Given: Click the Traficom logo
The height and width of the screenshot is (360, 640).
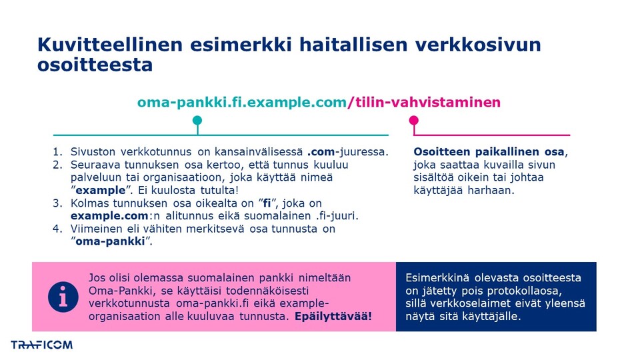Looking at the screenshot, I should (x=41, y=345).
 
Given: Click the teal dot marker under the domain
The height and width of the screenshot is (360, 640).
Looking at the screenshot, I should (x=197, y=121).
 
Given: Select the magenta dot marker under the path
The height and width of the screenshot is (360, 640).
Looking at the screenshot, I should (x=414, y=121).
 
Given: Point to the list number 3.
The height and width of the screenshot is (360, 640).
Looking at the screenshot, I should (x=57, y=203).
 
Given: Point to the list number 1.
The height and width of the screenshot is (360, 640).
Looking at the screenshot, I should (x=57, y=151).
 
